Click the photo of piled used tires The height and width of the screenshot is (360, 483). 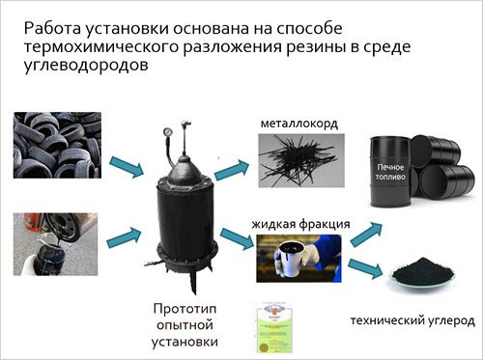pyautogui.click(x=57, y=145)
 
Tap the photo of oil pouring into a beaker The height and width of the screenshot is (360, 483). pyautogui.click(x=55, y=244)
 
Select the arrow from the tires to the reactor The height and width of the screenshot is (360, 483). pyautogui.click(x=127, y=167)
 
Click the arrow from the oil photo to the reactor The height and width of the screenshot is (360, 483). pyautogui.click(x=124, y=237)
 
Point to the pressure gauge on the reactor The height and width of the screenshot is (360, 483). pyautogui.click(x=167, y=132)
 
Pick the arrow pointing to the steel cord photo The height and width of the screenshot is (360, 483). pyautogui.click(x=232, y=170)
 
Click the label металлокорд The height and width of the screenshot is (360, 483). pyautogui.click(x=299, y=124)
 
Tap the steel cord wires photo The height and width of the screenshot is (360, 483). pyautogui.click(x=301, y=160)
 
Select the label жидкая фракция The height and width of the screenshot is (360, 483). pyautogui.click(x=300, y=224)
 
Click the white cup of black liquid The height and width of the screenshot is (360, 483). pyautogui.click(x=289, y=260)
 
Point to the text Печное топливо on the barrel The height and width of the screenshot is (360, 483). pyautogui.click(x=390, y=172)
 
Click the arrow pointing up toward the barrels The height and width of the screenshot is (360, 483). pyautogui.click(x=366, y=235)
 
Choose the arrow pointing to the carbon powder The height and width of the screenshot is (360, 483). pyautogui.click(x=365, y=268)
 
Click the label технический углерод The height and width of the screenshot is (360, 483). pyautogui.click(x=412, y=320)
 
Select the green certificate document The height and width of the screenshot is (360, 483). pyautogui.click(x=273, y=328)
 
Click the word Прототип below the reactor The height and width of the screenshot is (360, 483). pyautogui.click(x=185, y=309)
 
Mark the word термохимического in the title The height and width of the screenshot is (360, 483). pyautogui.click(x=101, y=47)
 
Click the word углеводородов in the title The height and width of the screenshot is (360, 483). pyautogui.click(x=86, y=66)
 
